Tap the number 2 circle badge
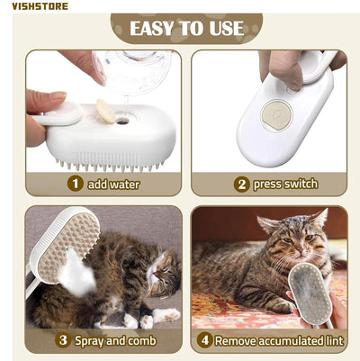click(241, 184)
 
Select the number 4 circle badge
click(206, 340)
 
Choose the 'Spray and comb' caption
click(117, 340)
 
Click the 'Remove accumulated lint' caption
click(278, 340)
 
